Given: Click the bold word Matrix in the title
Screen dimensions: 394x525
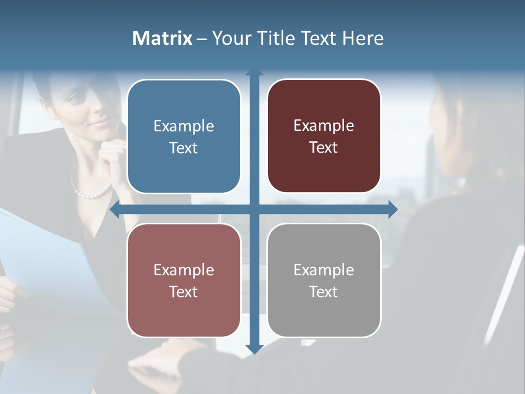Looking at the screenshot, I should (x=162, y=38).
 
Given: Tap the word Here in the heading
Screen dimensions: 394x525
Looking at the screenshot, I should (x=363, y=38).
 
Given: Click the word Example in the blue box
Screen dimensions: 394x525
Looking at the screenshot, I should (x=184, y=126).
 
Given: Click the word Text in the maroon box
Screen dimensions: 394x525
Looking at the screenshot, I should (x=324, y=148).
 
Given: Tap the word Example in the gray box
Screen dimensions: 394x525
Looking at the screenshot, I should (x=324, y=270).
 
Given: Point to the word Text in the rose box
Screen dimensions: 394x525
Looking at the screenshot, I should (x=184, y=292).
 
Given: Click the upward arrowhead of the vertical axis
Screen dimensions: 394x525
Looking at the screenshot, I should (x=254, y=73).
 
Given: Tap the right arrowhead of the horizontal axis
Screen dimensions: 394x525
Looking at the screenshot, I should (x=392, y=210).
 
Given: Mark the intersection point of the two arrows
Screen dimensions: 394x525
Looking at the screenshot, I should (x=254, y=210).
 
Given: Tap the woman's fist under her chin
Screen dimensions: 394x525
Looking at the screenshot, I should (x=112, y=156).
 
